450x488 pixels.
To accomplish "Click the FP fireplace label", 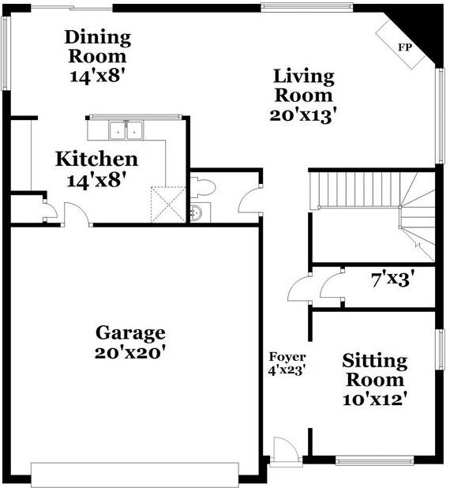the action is click(405, 47).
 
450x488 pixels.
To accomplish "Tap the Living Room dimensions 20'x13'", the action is click(303, 115).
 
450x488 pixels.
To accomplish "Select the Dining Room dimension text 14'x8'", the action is click(99, 76).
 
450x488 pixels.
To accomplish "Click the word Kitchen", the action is click(97, 159).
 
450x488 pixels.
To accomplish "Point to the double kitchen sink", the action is click(126, 130).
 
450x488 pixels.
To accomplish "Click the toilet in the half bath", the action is click(203, 186).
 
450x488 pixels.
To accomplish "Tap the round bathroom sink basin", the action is click(197, 213).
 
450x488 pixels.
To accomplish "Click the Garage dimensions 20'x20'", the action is click(129, 353).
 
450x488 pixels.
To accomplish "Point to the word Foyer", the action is click(287, 357).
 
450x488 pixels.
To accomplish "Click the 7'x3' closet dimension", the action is click(393, 279).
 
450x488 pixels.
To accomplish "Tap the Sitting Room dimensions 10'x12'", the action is click(375, 400).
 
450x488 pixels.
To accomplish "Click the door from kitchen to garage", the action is click(77, 214).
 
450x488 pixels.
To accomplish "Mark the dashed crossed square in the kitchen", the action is click(168, 205).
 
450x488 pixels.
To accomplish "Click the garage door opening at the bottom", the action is click(135, 475).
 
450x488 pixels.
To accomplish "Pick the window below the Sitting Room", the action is click(374, 461).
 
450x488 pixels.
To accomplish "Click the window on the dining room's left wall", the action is click(6, 53).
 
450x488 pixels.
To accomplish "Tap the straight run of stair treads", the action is click(358, 190).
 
